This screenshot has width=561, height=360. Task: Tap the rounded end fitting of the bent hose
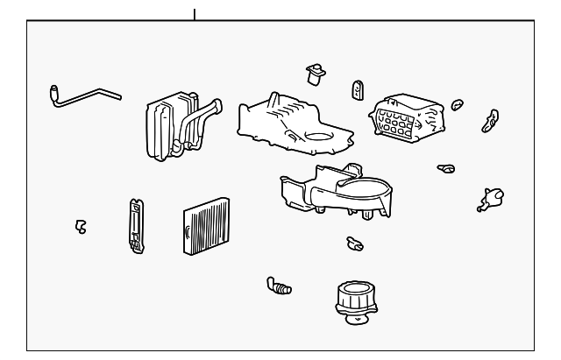pyautogui.click(x=53, y=88)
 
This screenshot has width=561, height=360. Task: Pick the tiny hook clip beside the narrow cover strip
pyautogui.click(x=81, y=226)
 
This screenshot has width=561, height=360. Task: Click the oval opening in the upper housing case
pyautogui.click(x=321, y=137)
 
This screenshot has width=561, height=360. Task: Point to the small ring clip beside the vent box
pyautogui.click(x=456, y=107)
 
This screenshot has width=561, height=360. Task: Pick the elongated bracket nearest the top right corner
pyautogui.click(x=490, y=120)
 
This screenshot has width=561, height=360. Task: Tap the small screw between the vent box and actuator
pyautogui.click(x=446, y=166)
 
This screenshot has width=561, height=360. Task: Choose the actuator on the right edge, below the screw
pyautogui.click(x=487, y=200)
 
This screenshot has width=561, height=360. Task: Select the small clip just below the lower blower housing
pyautogui.click(x=354, y=243)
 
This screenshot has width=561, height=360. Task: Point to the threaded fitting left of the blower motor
pyautogui.click(x=279, y=286)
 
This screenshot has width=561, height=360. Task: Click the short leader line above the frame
pyautogui.click(x=194, y=14)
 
